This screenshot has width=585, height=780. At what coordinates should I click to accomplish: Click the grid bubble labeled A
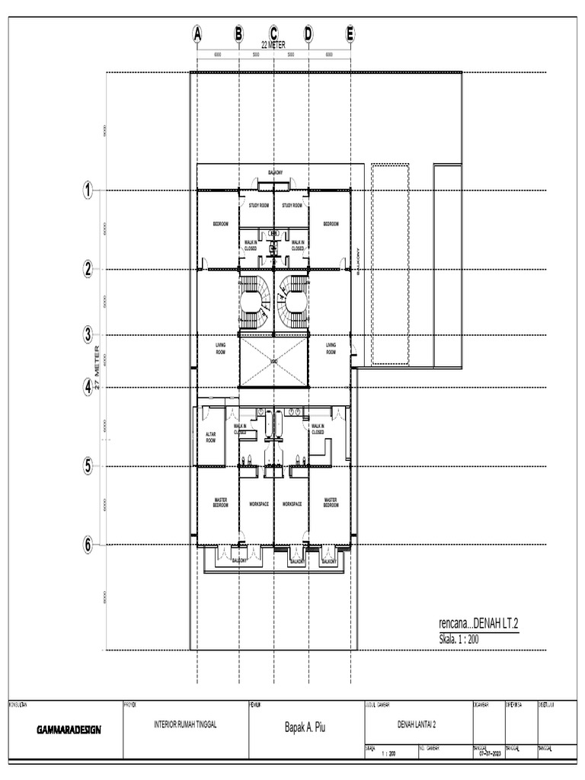pyautogui.click(x=197, y=34)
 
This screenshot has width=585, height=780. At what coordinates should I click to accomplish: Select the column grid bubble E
pyautogui.click(x=350, y=34)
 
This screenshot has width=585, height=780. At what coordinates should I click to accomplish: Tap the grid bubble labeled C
pyautogui.click(x=273, y=34)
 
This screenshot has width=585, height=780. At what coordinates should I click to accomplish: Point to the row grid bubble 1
pyautogui.click(x=88, y=191)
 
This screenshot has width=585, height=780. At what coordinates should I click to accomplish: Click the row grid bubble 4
pyautogui.click(x=88, y=387)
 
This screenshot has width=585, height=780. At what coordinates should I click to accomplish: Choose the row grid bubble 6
pyautogui.click(x=88, y=545)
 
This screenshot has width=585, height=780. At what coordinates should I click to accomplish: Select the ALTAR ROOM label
pyautogui.click(x=211, y=436)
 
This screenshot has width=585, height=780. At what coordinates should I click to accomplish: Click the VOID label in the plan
pyautogui.click(x=273, y=361)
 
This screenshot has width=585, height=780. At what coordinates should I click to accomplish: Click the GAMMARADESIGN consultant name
pyautogui.click(x=69, y=729)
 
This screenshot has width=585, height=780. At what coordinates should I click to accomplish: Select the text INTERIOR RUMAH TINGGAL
pyautogui.click(x=185, y=725)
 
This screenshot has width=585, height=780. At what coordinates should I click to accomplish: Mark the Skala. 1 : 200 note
pyautogui.click(x=459, y=638)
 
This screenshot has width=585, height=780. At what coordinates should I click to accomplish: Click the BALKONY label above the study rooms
pyautogui.click(x=273, y=173)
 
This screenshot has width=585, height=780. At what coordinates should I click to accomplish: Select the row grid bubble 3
pyautogui.click(x=88, y=334)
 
